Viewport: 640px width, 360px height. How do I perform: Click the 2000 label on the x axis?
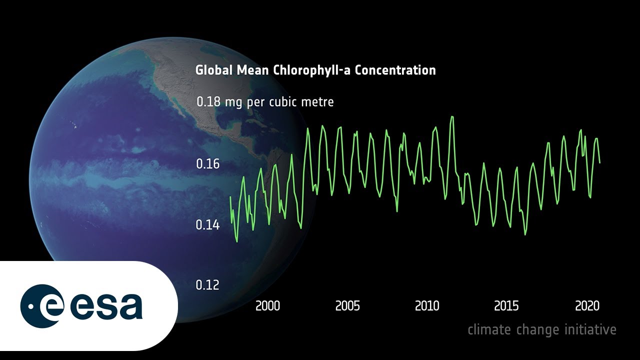click(268, 306)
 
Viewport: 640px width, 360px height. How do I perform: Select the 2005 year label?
click(347, 306)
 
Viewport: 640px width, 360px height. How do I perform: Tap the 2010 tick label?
click(427, 306)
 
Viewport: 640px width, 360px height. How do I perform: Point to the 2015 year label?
click(506, 306)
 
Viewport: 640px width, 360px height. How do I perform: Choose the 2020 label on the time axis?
click(586, 306)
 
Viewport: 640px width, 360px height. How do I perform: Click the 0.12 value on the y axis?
click(207, 285)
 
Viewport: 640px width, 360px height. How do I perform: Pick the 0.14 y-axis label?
click(207, 225)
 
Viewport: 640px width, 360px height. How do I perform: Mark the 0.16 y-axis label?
click(207, 164)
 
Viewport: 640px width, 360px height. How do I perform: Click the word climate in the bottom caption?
click(489, 329)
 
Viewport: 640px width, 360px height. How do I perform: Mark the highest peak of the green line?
click(452, 117)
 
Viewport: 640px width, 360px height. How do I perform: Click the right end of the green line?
click(599, 162)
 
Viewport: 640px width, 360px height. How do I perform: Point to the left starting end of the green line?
click(230, 197)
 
